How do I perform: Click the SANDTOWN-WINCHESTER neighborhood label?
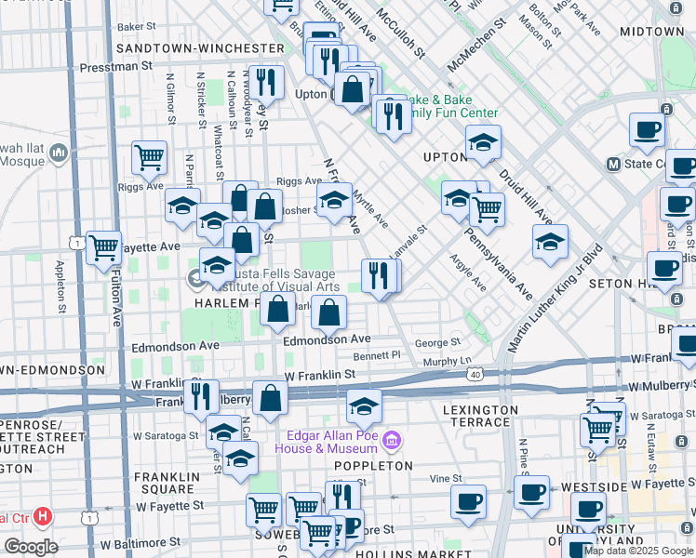(x=199, y=47)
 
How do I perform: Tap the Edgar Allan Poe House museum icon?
(x=392, y=438)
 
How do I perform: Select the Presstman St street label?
(x=115, y=67)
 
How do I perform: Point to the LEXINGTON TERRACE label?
(x=480, y=416)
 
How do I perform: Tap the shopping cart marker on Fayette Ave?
(x=103, y=247)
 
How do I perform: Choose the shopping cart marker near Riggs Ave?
(x=149, y=158)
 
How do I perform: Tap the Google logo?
(x=31, y=547)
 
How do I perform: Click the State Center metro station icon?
(x=613, y=165)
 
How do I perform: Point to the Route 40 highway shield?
(x=475, y=374)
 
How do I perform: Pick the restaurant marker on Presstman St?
(x=267, y=82)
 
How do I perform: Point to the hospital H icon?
(x=41, y=517)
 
